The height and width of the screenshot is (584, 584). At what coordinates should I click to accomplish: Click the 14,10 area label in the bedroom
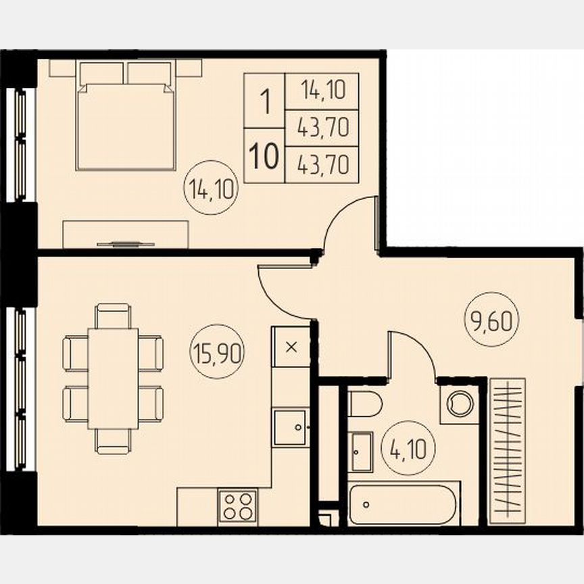point(211,189)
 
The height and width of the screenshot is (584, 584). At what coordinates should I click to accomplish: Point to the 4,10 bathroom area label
point(408,447)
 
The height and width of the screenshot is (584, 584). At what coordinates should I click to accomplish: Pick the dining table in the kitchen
point(113,379)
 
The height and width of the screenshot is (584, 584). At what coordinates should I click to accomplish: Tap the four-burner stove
point(237,505)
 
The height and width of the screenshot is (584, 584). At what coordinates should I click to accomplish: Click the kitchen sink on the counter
point(291,427)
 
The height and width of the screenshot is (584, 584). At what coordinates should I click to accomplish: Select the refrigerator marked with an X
point(291,347)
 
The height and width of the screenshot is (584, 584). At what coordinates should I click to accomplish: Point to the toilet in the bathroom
point(365,404)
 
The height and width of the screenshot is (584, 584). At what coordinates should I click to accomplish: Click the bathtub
point(404,504)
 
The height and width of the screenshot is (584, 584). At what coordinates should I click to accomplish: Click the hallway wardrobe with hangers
point(507,449)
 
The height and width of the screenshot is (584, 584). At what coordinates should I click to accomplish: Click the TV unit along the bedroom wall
point(125,234)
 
